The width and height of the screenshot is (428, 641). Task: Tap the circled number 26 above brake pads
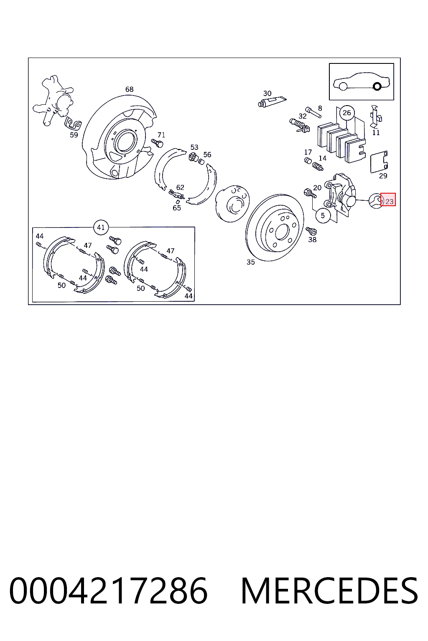coord(346,113)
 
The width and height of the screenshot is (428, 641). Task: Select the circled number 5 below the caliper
coord(323,215)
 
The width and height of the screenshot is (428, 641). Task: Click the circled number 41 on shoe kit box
coord(101,227)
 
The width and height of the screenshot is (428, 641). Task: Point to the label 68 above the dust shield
coord(129,89)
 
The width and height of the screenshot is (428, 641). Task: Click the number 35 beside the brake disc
coord(250,262)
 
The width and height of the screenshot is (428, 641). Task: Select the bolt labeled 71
coord(158,142)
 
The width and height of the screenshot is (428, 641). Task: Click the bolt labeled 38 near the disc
coord(311,231)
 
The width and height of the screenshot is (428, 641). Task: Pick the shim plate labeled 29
coord(379,162)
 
